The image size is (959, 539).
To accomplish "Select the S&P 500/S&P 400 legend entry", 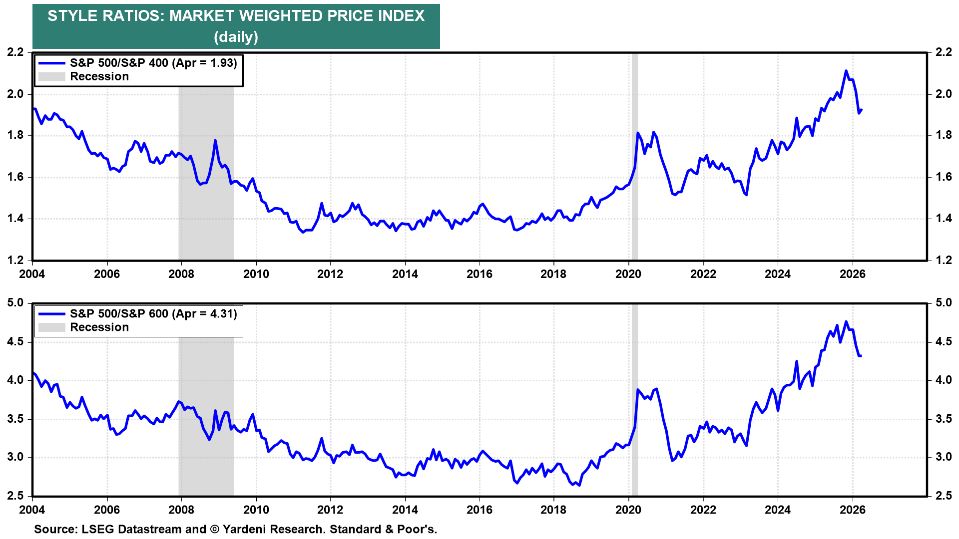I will click(x=153, y=63).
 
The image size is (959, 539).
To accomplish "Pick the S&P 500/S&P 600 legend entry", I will click(x=153, y=313).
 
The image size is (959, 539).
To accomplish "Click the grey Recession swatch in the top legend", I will click(x=52, y=77).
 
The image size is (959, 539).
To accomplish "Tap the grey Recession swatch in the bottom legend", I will click(x=52, y=327).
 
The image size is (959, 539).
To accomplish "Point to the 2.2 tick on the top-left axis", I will click(x=15, y=52).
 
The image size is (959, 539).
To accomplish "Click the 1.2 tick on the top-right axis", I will click(x=944, y=260).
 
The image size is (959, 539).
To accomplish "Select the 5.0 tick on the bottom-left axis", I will click(x=15, y=303).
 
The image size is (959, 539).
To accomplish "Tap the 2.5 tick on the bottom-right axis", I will click(x=944, y=496).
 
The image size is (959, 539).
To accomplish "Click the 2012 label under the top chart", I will click(x=330, y=274).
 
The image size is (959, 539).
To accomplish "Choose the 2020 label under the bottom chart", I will click(x=628, y=510).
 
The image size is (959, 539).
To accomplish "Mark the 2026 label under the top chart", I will click(x=852, y=274).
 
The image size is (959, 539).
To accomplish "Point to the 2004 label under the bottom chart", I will click(x=32, y=510).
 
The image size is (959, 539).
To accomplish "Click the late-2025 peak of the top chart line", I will click(x=846, y=71).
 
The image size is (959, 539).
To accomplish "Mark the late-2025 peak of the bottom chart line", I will click(x=846, y=321).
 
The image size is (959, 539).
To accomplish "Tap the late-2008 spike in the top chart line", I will click(x=215, y=140).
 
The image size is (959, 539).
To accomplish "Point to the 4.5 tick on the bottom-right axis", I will click(x=944, y=342).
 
